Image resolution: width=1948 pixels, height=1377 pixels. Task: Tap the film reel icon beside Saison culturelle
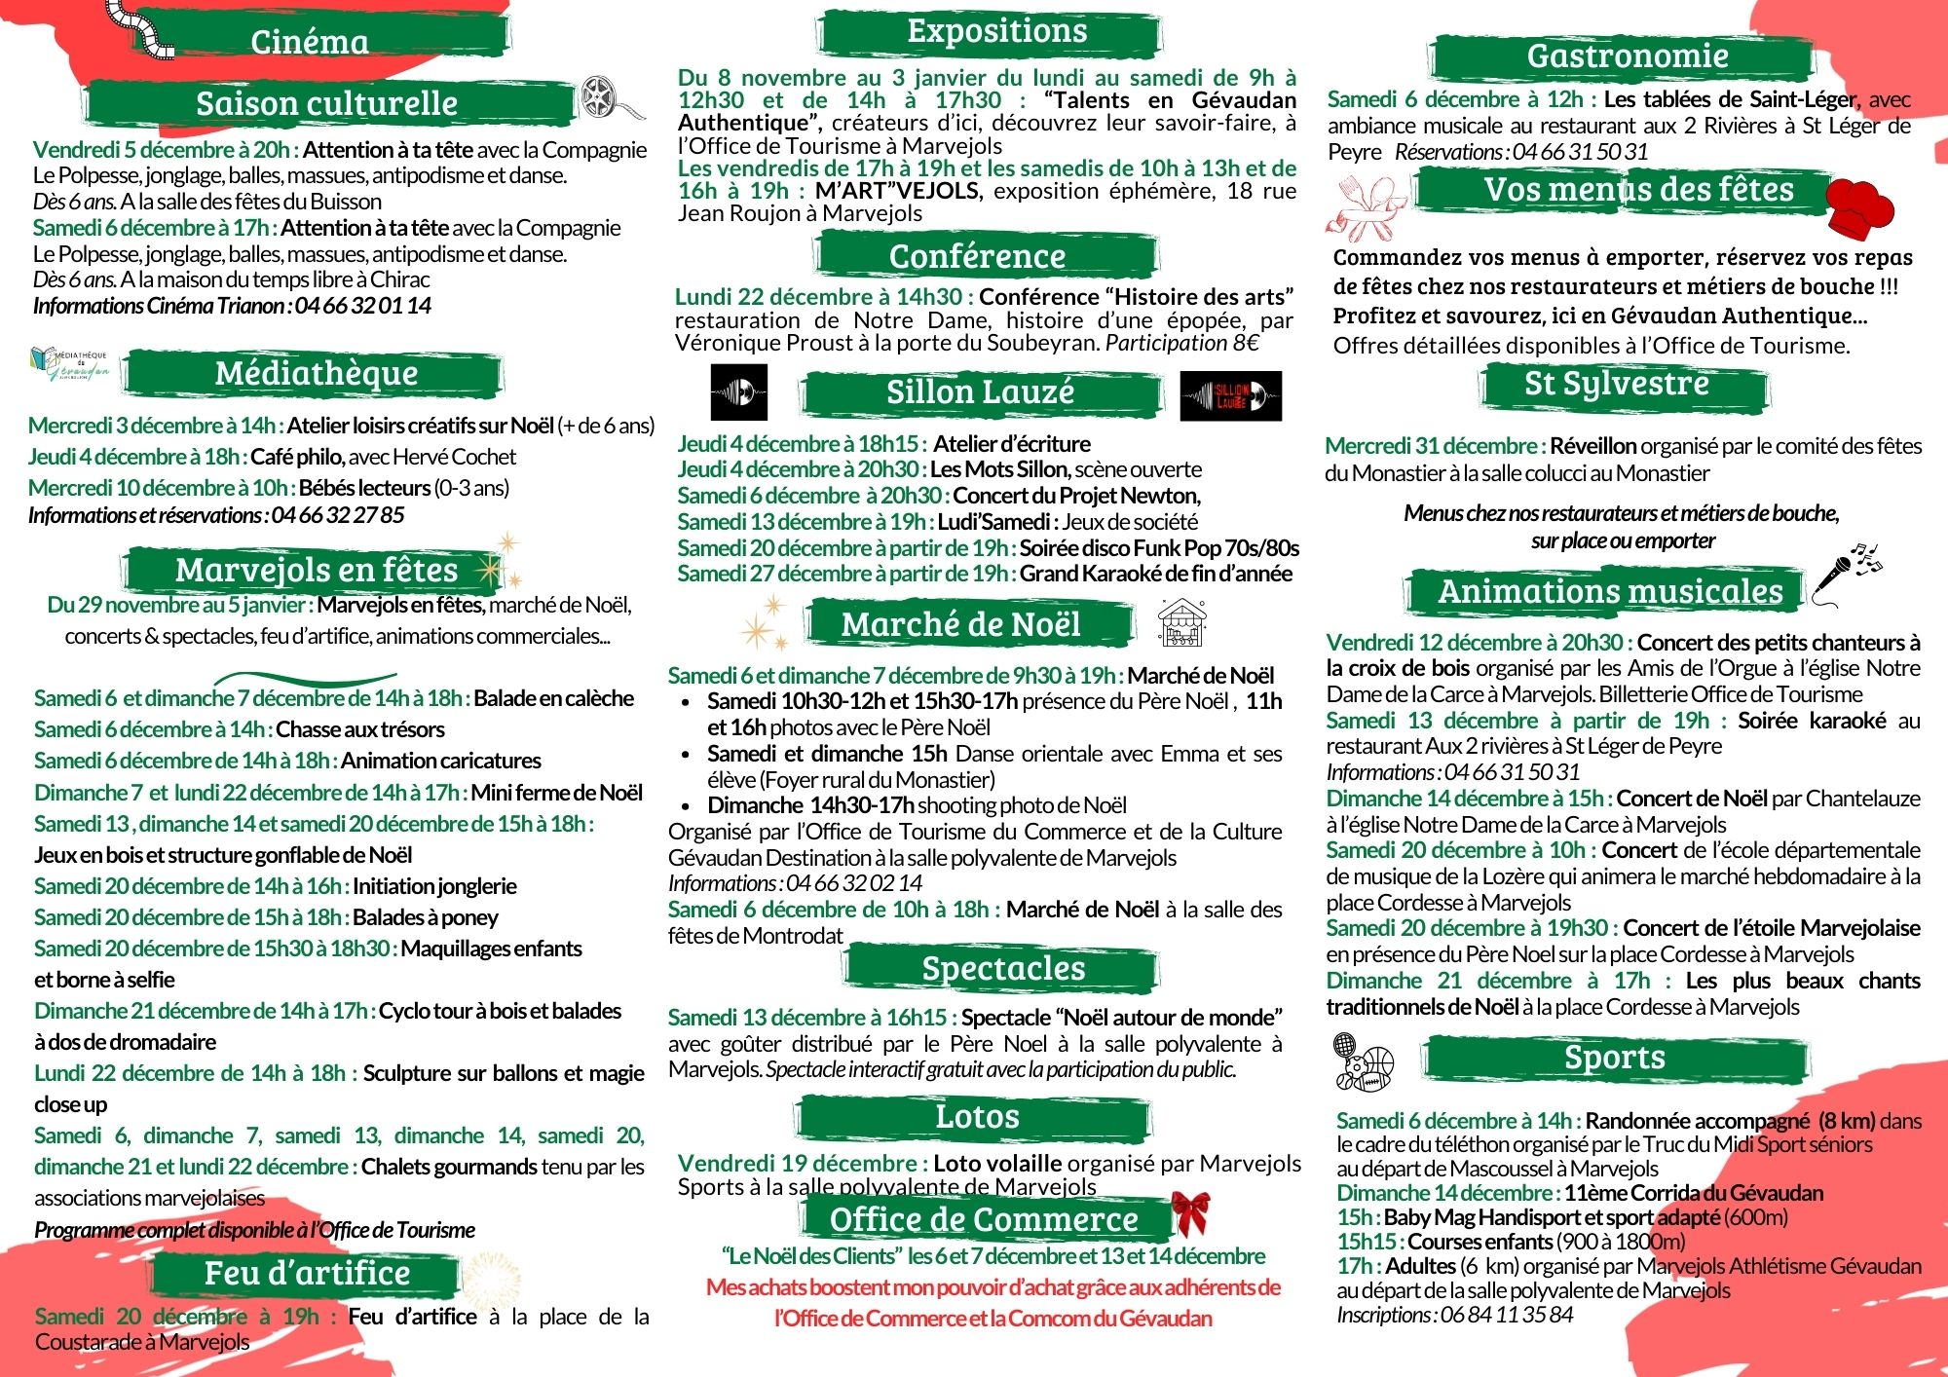point(603,97)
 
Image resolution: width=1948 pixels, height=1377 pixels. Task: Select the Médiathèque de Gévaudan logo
point(68,364)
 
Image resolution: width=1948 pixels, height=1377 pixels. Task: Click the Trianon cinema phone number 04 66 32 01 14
point(362,306)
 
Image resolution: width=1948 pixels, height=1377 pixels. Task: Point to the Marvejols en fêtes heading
point(316,570)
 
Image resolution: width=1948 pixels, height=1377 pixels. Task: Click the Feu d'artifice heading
point(307,1273)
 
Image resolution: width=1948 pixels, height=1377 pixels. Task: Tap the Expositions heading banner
point(996,31)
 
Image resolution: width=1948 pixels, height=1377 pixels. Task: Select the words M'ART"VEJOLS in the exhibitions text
point(898,191)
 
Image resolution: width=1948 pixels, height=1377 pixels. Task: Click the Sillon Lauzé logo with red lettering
point(1230,395)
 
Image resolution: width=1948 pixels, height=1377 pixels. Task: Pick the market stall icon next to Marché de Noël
point(1181,624)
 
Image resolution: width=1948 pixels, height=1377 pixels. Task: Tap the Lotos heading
point(977,1116)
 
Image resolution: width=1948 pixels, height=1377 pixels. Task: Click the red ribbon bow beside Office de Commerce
point(1190,1212)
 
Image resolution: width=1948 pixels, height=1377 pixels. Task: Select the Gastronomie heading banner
point(1627,56)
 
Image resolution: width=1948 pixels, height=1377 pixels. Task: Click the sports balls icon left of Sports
point(1364,1061)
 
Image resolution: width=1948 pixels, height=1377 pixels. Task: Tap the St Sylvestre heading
point(1616,384)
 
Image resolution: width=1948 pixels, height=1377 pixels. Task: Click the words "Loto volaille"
point(996,1164)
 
